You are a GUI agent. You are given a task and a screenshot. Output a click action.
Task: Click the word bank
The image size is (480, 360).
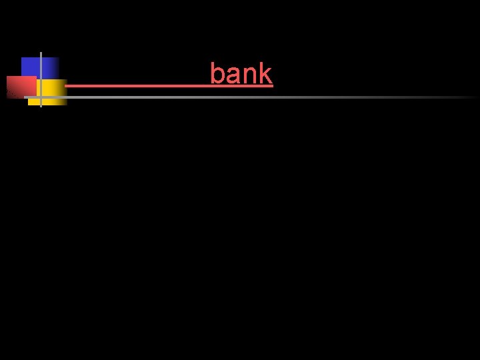click(x=241, y=74)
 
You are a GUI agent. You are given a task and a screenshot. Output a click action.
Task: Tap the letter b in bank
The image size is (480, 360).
click(x=217, y=74)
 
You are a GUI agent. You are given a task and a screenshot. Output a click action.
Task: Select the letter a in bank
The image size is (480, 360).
click(x=231, y=77)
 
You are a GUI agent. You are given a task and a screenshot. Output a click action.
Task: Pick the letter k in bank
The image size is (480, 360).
click(x=265, y=74)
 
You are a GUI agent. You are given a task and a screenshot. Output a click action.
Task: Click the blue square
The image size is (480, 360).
click(x=31, y=67)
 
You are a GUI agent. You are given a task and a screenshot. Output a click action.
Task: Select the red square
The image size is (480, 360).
click(x=20, y=87)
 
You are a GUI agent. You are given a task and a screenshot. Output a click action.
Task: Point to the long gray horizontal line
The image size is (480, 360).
click(x=267, y=97)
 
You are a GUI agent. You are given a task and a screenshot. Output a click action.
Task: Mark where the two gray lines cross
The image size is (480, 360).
click(x=41, y=97)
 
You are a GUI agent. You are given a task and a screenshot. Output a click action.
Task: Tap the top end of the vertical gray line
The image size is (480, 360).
click(x=41, y=53)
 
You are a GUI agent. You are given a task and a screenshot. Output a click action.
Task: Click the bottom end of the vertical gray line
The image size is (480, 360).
click(x=41, y=106)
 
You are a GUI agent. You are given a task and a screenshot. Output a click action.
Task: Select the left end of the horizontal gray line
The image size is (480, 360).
click(x=25, y=97)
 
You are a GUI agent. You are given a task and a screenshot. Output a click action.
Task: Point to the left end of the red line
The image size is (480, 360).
click(x=66, y=85)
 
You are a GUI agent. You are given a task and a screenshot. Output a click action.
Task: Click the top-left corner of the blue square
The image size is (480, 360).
click(x=22, y=58)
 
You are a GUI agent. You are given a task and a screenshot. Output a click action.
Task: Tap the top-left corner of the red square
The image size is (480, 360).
click(x=7, y=77)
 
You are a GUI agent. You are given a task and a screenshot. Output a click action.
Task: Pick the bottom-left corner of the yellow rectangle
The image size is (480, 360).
click(x=29, y=105)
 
